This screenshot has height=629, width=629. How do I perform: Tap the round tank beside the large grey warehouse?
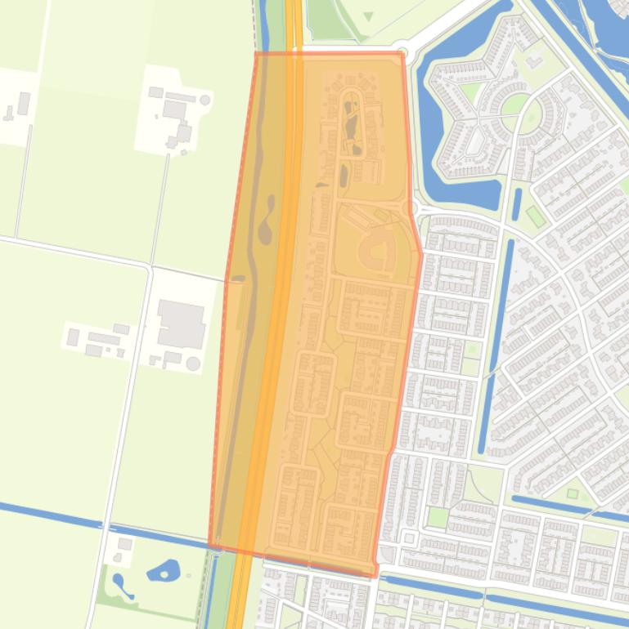coord(193,363)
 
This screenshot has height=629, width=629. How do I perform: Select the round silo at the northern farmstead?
coord(204,100)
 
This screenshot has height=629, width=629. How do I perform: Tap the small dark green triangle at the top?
coord(368,16)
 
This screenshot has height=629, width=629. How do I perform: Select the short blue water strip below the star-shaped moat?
coord(517,204)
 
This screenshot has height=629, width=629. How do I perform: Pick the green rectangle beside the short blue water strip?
coord(534,216)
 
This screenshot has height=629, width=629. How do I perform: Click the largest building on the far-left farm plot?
coord(23,104)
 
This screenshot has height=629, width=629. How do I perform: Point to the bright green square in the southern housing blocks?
coord(438,517)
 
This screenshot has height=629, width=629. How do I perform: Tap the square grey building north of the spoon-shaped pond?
coord(125,544)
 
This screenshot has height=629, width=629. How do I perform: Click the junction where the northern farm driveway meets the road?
coord(151,265)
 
